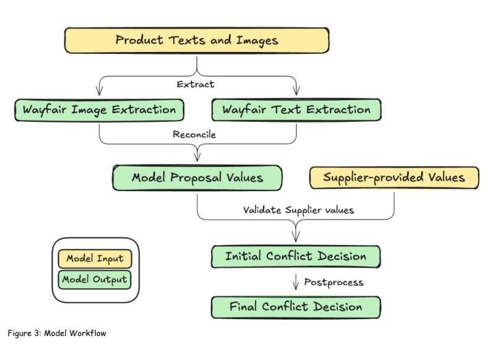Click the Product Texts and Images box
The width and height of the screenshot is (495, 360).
[197, 41]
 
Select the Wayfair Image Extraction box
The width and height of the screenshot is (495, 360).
[99, 110]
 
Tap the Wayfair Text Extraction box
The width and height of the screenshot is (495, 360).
[296, 110]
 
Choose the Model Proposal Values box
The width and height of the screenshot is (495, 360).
[197, 178]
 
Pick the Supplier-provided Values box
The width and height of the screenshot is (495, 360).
[394, 178]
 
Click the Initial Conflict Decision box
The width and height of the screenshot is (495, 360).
[295, 256]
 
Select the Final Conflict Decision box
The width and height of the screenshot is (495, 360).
[295, 306]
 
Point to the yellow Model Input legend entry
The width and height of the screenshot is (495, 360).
[95, 259]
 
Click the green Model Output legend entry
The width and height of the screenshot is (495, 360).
[95, 279]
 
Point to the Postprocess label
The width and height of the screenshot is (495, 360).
[333, 282]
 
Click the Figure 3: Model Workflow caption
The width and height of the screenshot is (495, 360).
[57, 333]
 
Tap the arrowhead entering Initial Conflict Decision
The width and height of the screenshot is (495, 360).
[295, 239]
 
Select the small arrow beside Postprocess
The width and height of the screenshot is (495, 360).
[295, 283]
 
